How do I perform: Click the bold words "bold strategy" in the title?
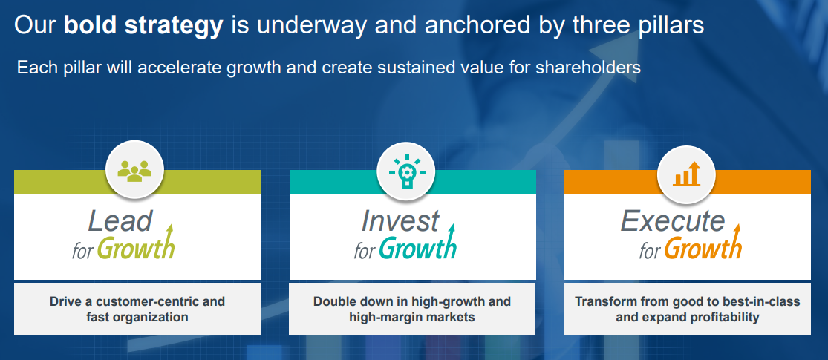tap(143, 25)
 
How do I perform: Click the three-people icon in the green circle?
tap(134, 171)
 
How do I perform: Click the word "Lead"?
tap(120, 220)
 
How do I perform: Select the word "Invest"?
tap(400, 220)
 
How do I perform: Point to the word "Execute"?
tap(672, 220)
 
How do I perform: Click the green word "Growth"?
tap(136, 246)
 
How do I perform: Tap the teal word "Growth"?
tap(417, 246)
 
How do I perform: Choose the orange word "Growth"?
tap(703, 246)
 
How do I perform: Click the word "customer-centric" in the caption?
tap(154, 301)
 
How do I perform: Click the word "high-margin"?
tap(379, 318)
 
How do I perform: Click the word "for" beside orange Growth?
tap(649, 252)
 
